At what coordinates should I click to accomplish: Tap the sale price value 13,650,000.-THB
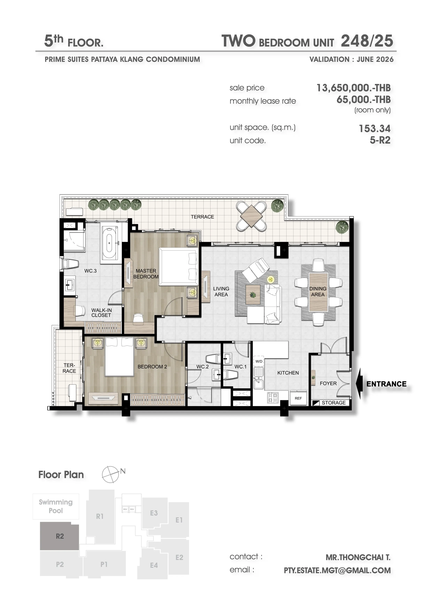click(x=354, y=88)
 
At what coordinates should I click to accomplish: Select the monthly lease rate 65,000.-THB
click(x=364, y=100)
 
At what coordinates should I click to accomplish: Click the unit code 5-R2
click(x=380, y=140)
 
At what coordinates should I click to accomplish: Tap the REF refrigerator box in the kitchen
click(x=298, y=398)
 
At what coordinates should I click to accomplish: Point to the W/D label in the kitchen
click(x=259, y=361)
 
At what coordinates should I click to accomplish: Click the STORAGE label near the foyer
click(x=334, y=403)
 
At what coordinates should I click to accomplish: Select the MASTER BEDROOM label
click(x=146, y=274)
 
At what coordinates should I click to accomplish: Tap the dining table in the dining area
click(x=318, y=292)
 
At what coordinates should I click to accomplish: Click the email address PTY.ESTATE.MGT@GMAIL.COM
click(x=337, y=571)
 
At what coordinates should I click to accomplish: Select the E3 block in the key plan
click(x=154, y=513)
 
